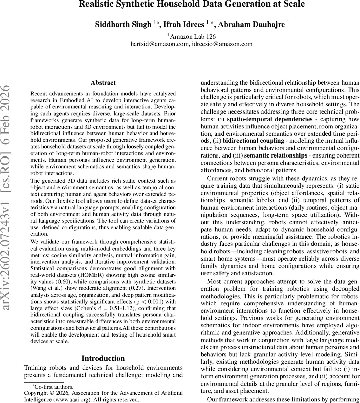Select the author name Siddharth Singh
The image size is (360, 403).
click(x=123, y=25)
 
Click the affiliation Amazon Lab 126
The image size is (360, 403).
click(x=193, y=37)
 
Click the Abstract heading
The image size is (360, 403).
click(x=103, y=83)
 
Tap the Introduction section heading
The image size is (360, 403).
click(x=103, y=358)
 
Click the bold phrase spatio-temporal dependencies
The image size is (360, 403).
click(x=270, y=119)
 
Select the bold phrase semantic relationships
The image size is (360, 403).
click(x=275, y=155)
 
